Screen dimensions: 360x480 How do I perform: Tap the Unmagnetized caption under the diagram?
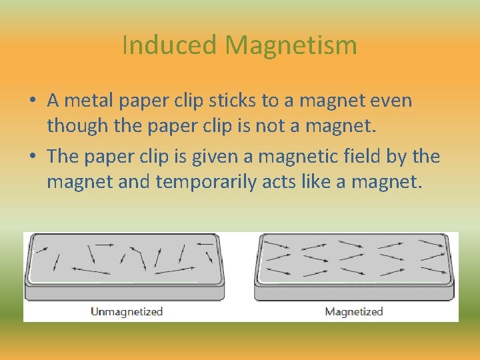point(127,311)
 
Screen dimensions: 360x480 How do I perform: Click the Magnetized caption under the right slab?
point(354,311)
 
